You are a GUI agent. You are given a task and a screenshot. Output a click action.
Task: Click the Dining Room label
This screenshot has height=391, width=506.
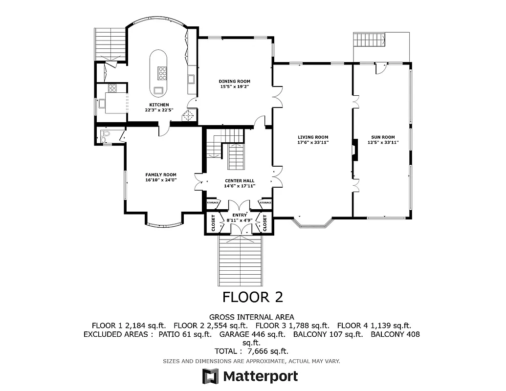[235, 81]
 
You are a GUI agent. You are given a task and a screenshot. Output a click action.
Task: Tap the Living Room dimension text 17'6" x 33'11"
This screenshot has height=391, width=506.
[313, 142]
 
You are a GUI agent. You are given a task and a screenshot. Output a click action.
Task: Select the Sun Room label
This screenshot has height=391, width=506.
[383, 137]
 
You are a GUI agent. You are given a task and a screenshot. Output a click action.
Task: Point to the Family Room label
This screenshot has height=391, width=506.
[160, 174]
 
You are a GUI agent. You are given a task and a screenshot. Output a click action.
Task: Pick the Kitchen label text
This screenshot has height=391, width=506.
[159, 105]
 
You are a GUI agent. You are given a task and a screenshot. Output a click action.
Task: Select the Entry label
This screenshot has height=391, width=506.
[239, 215]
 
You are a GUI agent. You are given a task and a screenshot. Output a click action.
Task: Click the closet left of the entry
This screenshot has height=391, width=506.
[213, 222]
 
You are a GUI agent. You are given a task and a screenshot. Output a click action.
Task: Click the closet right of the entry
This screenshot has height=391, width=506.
[265, 222]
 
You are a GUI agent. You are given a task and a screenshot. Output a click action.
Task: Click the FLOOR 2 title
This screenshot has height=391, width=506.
[253, 297]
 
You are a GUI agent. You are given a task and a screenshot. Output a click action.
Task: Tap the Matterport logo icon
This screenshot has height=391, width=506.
[210, 376]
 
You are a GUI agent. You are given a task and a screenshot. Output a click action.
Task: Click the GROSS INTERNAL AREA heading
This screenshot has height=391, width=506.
[252, 317]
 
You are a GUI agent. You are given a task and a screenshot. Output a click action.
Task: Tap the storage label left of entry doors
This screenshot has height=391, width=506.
[212, 202]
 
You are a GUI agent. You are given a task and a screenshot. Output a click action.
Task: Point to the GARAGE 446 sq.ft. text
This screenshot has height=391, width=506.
[252, 334]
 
